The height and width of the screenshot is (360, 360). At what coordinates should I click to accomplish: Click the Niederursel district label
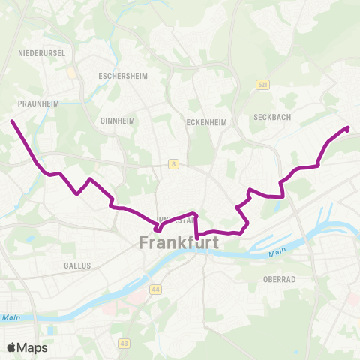pos(42,53)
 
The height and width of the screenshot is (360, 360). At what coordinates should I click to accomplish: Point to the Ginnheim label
pos(116,120)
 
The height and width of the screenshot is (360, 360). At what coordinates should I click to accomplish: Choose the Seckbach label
pos(271,116)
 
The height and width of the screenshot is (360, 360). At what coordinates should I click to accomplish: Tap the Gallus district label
pos(77,265)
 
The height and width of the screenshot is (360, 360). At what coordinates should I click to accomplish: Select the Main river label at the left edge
pos(10,317)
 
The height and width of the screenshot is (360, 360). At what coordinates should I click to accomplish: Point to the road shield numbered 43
pos(124,342)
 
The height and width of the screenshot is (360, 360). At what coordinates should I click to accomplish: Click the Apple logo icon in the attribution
pos(12,347)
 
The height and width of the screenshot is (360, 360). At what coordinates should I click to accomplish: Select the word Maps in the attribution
pos(33,347)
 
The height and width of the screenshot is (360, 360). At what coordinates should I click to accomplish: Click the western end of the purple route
pos(12,121)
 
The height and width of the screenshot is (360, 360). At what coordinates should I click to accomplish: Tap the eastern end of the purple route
pos(348,129)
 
